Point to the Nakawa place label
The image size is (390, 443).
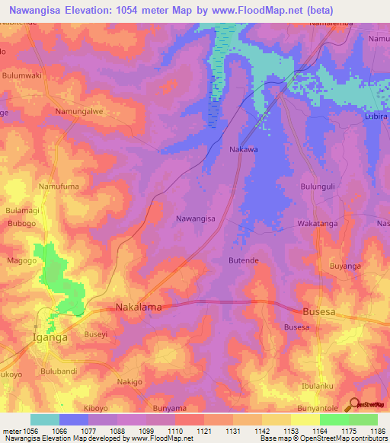tap(244, 150)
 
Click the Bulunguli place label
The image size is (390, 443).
tap(318, 185)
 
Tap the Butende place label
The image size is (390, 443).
tap(244, 260)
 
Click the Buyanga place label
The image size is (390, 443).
tap(344, 266)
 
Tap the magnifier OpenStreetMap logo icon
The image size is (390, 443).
tap(352, 405)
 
